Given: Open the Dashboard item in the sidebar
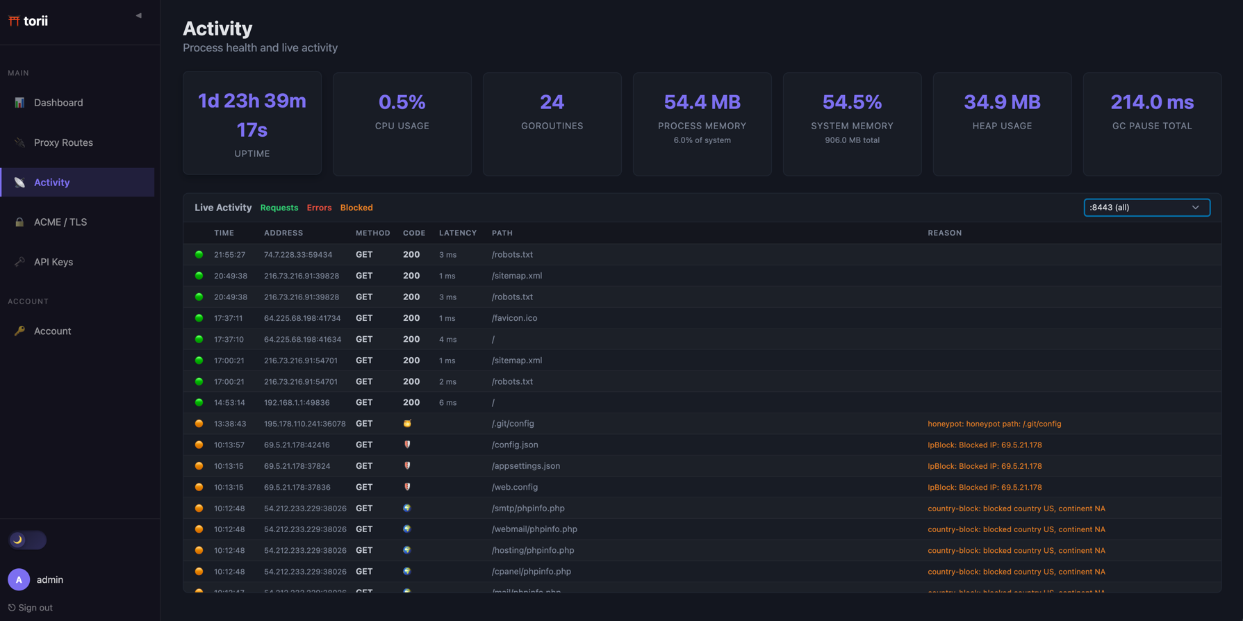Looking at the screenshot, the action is [x=58, y=103].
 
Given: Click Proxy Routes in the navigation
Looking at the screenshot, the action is [x=63, y=142].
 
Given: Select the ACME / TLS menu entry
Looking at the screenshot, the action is [x=60, y=222].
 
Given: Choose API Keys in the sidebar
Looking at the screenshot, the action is [x=53, y=262].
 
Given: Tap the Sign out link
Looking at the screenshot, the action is [x=31, y=608].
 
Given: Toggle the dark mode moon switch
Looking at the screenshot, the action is [x=27, y=540].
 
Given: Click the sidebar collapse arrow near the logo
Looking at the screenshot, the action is [x=138, y=15].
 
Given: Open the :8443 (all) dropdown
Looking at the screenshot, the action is [x=1146, y=208].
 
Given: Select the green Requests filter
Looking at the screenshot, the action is [x=279, y=208].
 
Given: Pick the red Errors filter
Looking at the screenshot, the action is [x=319, y=208].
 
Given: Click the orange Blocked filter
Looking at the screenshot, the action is [x=356, y=208].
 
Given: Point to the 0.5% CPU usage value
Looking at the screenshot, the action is [x=402, y=102].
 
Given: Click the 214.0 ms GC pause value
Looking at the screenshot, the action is [x=1152, y=102].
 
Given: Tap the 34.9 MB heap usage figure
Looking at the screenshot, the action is [x=1002, y=102].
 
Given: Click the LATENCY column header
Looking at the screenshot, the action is [x=458, y=233].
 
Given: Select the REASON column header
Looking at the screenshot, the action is [x=945, y=233].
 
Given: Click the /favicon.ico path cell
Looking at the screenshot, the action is [x=514, y=318].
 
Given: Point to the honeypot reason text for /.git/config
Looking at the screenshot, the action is [x=994, y=424].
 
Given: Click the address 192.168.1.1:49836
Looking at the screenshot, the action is [x=297, y=403].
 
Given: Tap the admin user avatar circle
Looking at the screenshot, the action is [x=19, y=579].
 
